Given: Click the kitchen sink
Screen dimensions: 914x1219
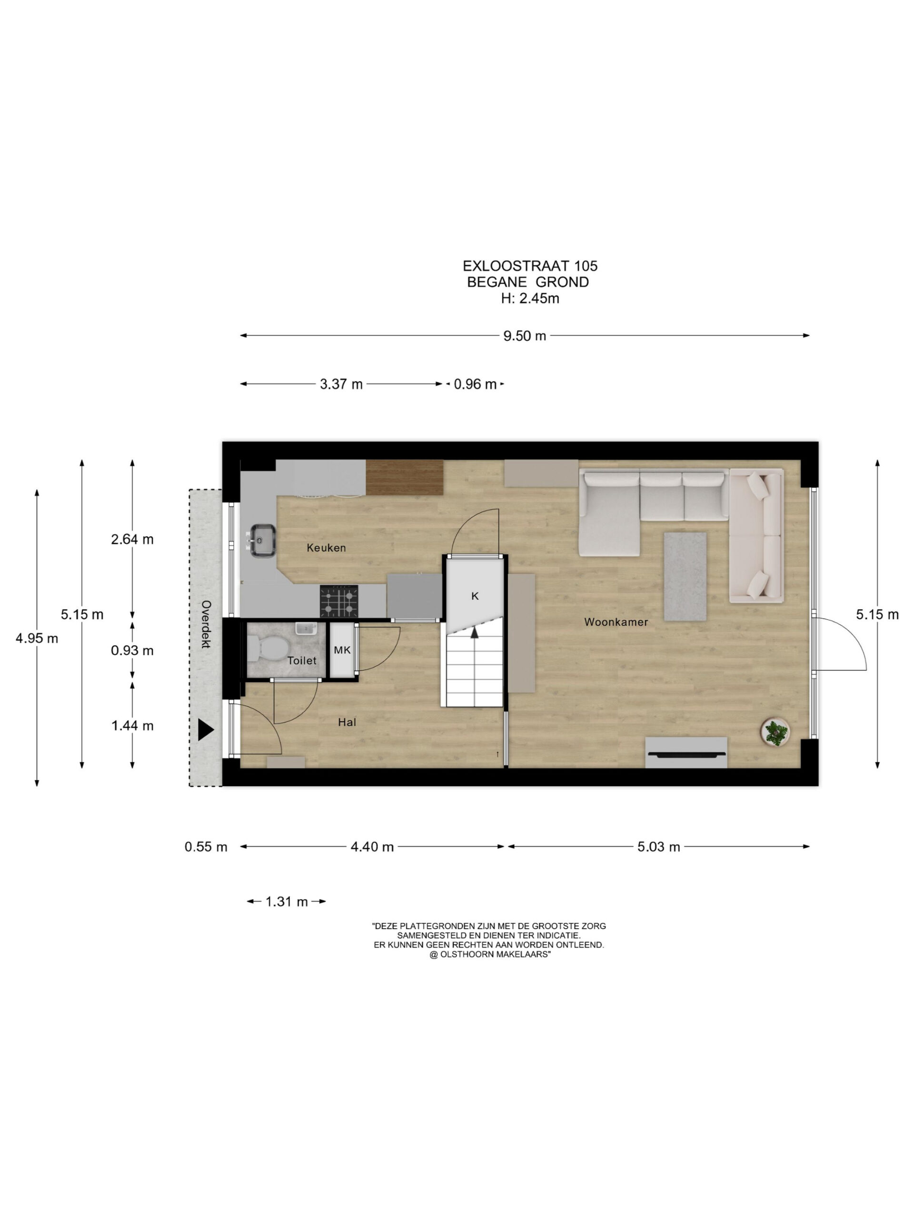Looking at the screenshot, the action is coord(262,540).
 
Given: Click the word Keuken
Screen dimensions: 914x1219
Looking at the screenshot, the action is coord(326,548).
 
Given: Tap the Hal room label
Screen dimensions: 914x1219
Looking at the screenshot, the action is coord(347,722).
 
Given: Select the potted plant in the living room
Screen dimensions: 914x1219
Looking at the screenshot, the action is coord(775,733).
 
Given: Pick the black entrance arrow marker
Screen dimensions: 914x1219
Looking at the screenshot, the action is coord(205,730).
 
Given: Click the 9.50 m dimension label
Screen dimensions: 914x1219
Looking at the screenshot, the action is coord(525,336).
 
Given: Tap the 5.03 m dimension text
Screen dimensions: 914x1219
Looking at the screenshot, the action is coord(658,847).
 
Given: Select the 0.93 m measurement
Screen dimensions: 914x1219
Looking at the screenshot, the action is coord(132,651).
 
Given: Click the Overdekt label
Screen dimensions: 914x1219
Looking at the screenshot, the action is coord(206,624).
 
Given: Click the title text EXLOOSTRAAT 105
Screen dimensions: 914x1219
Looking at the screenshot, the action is coord(530,266).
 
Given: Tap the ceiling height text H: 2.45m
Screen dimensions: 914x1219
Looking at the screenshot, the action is coord(530,299).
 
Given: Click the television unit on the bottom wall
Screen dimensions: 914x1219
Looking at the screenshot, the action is coord(686,752).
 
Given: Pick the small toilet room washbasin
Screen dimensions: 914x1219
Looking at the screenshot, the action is coord(305,628).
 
